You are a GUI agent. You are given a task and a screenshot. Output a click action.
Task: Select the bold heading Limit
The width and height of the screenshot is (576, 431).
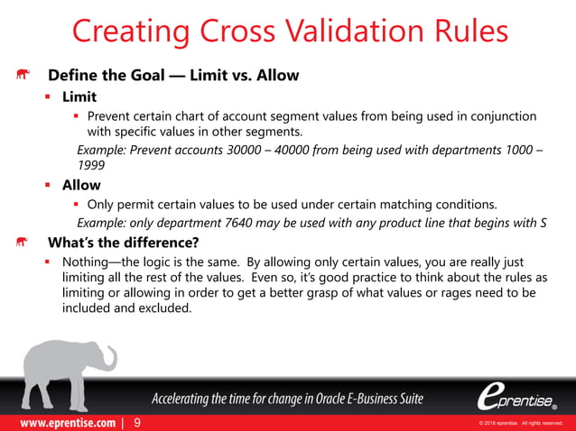click(x=79, y=96)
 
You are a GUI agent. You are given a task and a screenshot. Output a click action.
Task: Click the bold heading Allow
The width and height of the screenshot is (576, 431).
click(x=81, y=185)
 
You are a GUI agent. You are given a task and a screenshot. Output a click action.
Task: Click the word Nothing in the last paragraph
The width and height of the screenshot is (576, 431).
click(x=91, y=261)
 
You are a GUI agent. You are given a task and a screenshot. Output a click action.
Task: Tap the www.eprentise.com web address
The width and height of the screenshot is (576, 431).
click(x=61, y=422)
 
